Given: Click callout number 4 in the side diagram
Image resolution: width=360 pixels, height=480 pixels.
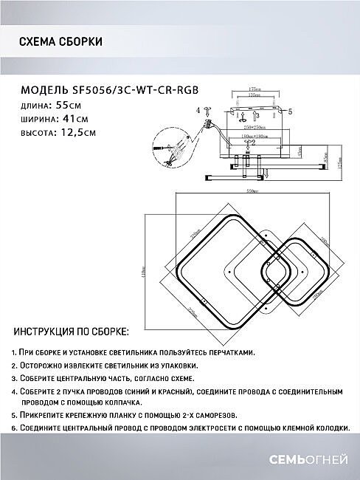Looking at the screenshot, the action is [x=198, y=111].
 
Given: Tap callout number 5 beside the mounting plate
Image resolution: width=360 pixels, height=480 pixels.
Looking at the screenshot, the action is [x=289, y=112].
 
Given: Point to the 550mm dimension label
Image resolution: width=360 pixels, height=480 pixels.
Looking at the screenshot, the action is [x=251, y=189].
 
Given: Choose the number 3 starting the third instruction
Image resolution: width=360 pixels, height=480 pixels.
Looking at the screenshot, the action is [x=14, y=378].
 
